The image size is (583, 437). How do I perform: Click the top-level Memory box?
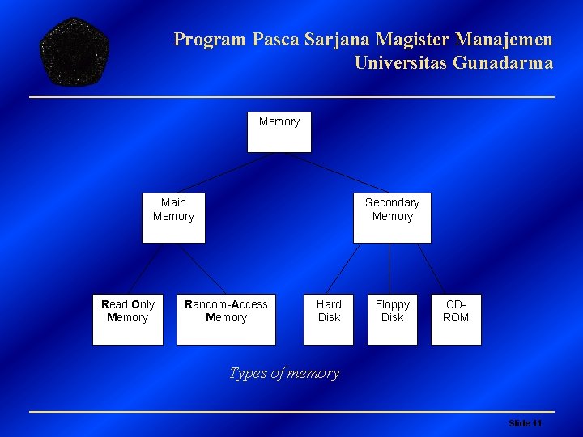pos(279,132)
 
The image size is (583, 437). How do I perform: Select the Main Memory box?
pos(173,218)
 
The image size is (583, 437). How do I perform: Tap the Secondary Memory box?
pos(392,218)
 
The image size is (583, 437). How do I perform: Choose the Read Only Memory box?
pos(128,319)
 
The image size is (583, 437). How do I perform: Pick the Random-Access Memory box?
pos(226,319)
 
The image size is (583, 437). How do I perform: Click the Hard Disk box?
pos(329,319)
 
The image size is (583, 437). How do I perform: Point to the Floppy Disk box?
pos(393,319)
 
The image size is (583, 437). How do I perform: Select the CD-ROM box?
pos(456,319)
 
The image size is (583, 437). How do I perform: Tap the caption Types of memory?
pos(284,373)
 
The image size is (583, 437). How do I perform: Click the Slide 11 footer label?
pos(525,423)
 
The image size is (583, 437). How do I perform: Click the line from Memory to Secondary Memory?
pos(338,172)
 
